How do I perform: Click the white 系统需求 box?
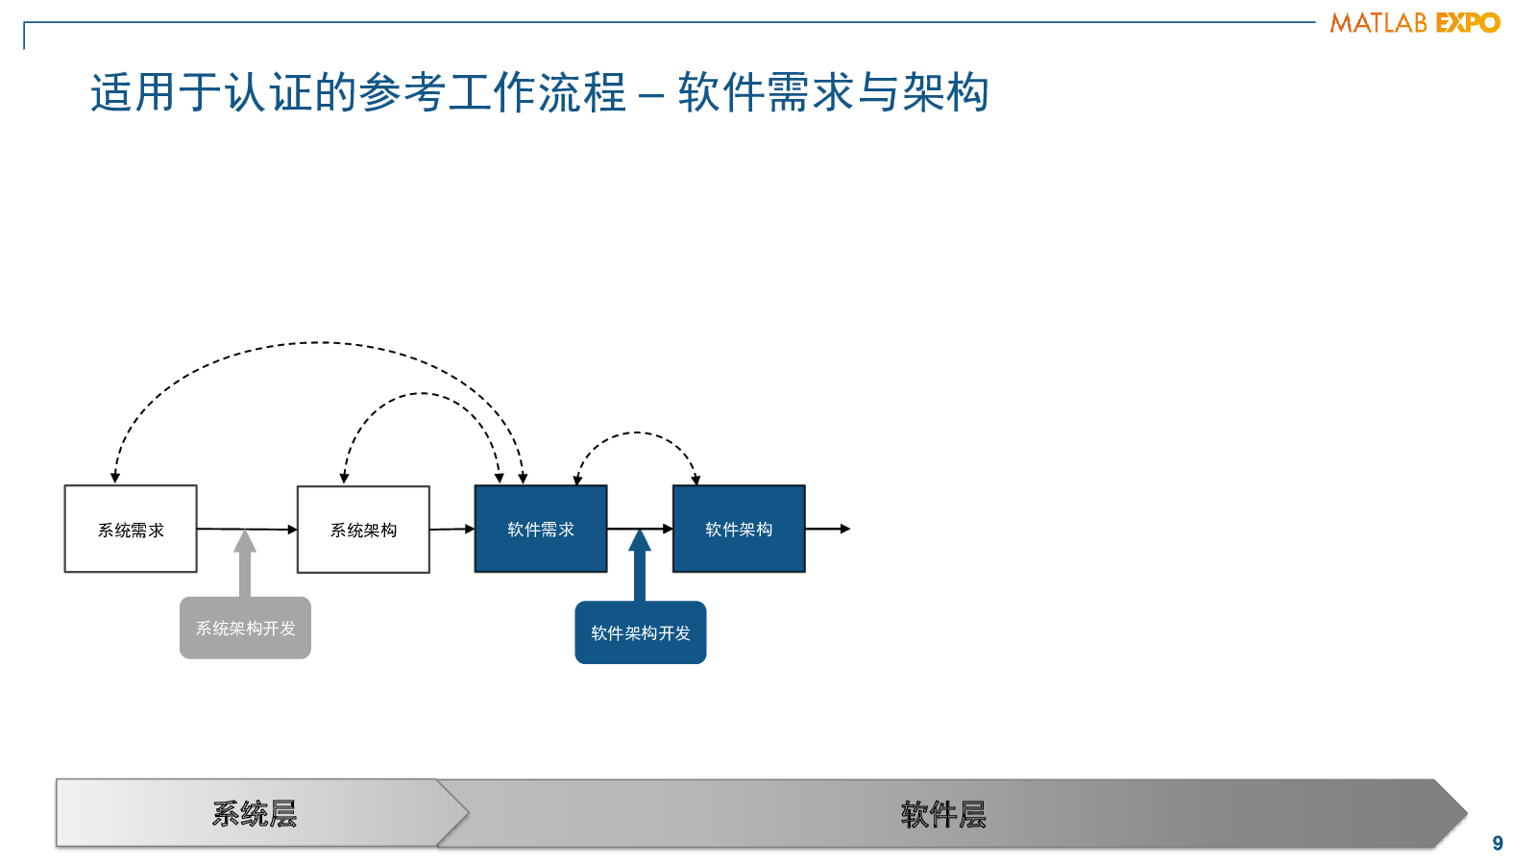pyautogui.click(x=131, y=529)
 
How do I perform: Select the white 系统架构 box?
pyautogui.click(x=363, y=530)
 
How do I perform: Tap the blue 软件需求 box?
pyautogui.click(x=541, y=529)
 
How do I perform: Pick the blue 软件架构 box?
pyautogui.click(x=739, y=529)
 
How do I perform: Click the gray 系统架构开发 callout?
pyautogui.click(x=245, y=629)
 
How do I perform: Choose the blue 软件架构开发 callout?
pyautogui.click(x=640, y=632)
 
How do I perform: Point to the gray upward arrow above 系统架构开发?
pyautogui.click(x=245, y=563)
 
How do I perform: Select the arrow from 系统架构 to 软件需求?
pyautogui.click(x=452, y=529)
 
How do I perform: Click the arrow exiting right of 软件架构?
pyautogui.click(x=828, y=529)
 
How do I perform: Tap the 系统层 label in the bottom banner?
pyautogui.click(x=255, y=814)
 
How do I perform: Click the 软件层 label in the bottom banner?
pyautogui.click(x=943, y=815)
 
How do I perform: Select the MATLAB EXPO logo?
pyautogui.click(x=1415, y=23)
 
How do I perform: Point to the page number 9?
pyautogui.click(x=1498, y=843)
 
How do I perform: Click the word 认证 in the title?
pyautogui.click(x=268, y=92)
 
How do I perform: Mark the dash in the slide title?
pyautogui.click(x=650, y=95)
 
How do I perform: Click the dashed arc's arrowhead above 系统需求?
pyautogui.click(x=115, y=478)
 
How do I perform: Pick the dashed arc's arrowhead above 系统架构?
pyautogui.click(x=345, y=478)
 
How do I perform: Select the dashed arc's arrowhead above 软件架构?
pyautogui.click(x=695, y=480)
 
